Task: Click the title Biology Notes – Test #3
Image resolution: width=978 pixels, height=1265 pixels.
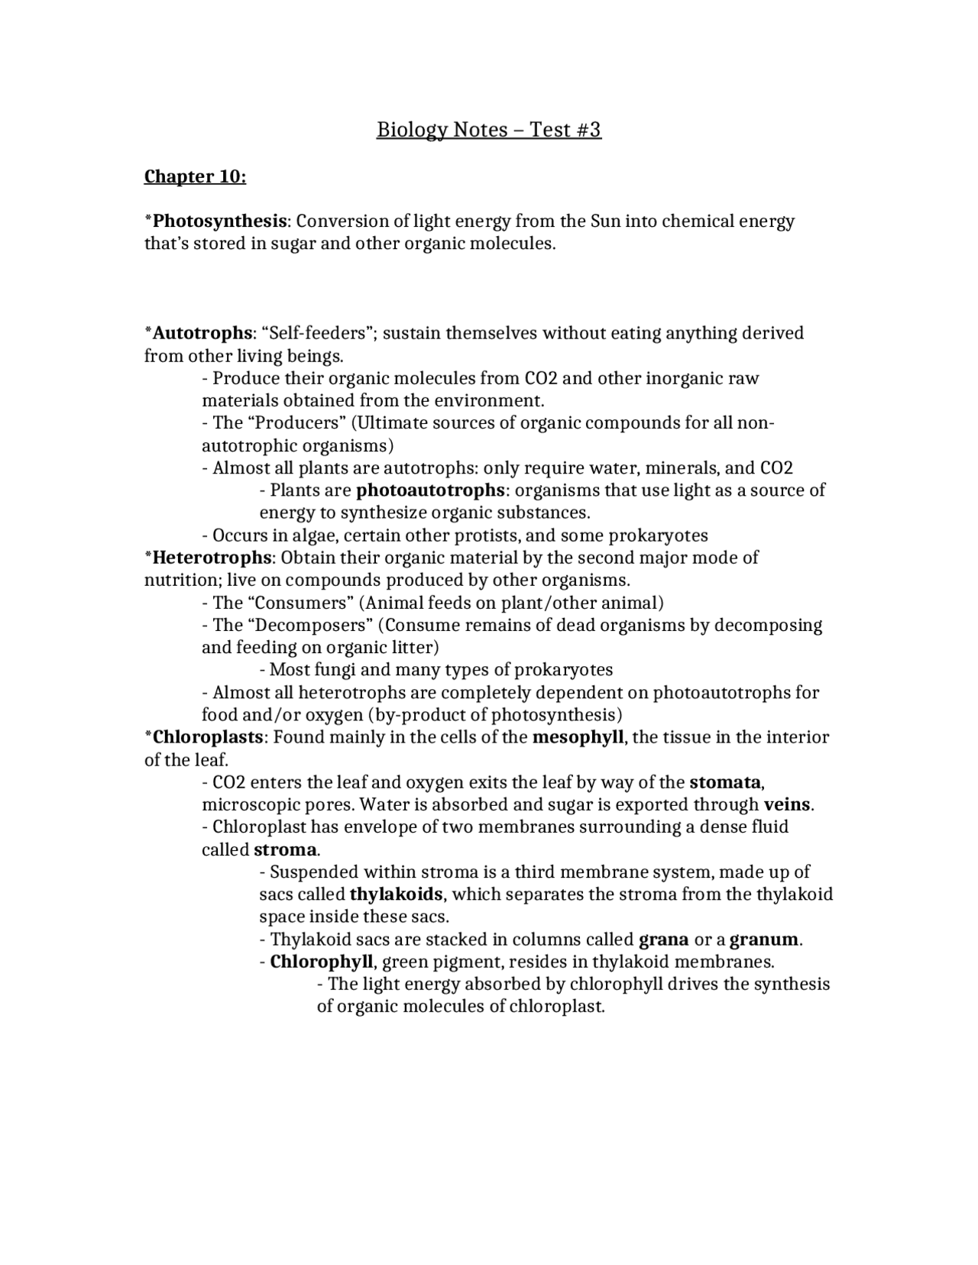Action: tap(489, 130)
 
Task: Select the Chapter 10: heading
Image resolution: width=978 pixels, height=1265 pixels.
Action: tap(196, 176)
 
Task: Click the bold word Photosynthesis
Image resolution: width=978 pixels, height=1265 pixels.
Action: tap(219, 222)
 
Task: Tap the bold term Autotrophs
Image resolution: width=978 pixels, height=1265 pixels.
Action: tap(202, 333)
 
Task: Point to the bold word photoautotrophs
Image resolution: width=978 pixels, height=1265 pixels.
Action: tap(430, 490)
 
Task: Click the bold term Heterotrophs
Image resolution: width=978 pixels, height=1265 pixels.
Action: tap(212, 558)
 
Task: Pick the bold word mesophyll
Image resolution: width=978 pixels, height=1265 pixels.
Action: tap(578, 737)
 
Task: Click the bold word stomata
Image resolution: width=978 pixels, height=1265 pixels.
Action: tap(725, 782)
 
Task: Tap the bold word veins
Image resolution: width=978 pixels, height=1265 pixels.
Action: tap(787, 804)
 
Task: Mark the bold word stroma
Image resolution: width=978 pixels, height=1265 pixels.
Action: tap(285, 849)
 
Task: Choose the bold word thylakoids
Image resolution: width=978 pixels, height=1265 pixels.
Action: tap(396, 895)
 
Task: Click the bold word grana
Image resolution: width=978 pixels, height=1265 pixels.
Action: tap(663, 940)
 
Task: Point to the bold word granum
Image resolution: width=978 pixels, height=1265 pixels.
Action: tap(763, 940)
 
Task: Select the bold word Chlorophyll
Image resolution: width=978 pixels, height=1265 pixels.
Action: tap(321, 962)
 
